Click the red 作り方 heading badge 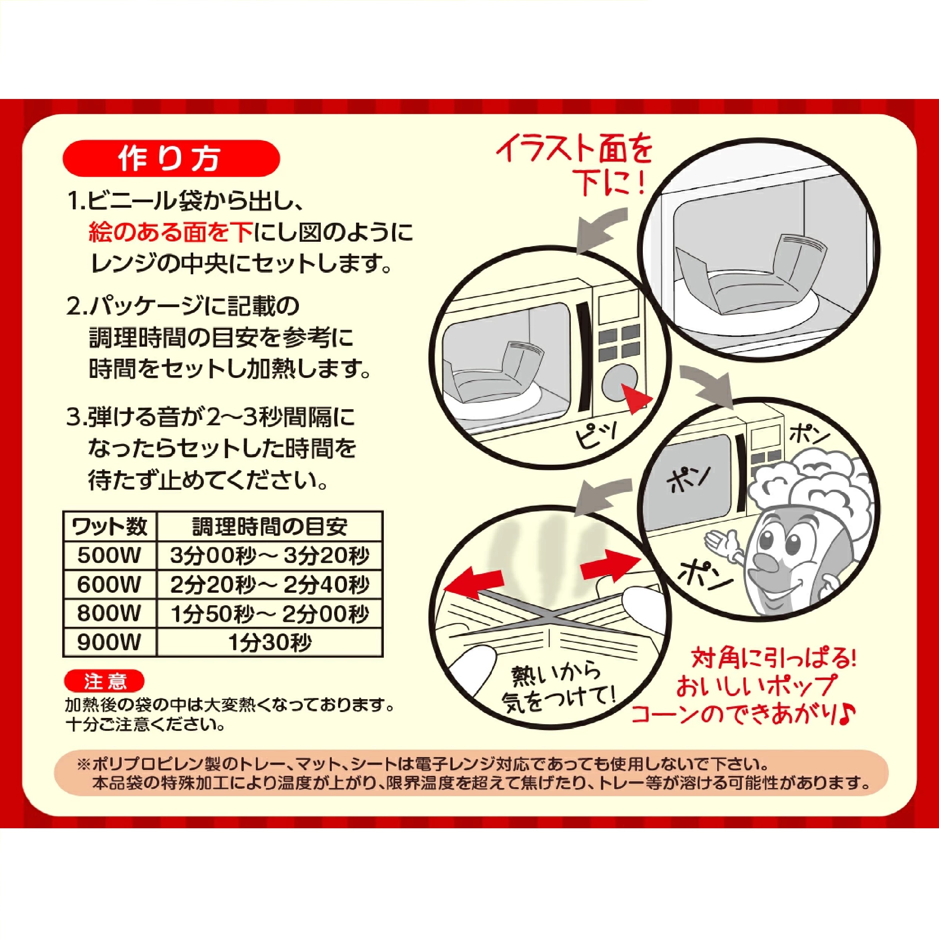[171, 158]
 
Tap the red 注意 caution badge [104, 682]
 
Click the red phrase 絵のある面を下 [170, 233]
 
